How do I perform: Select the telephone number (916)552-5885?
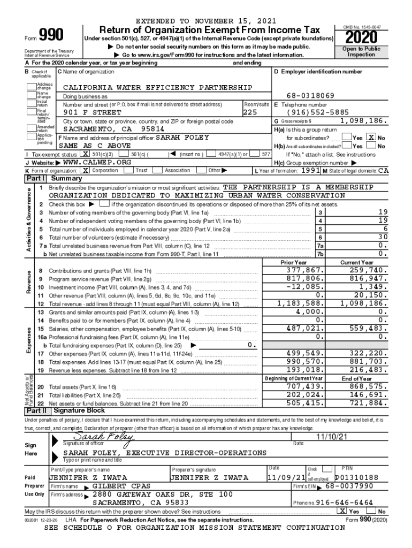point(318,112)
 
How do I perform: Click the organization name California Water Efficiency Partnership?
point(157,87)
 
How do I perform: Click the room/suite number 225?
point(250,113)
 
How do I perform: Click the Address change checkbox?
point(31,86)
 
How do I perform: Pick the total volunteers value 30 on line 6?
point(382,237)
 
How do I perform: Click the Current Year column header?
point(357,262)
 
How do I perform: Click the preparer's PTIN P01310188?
point(356,477)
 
